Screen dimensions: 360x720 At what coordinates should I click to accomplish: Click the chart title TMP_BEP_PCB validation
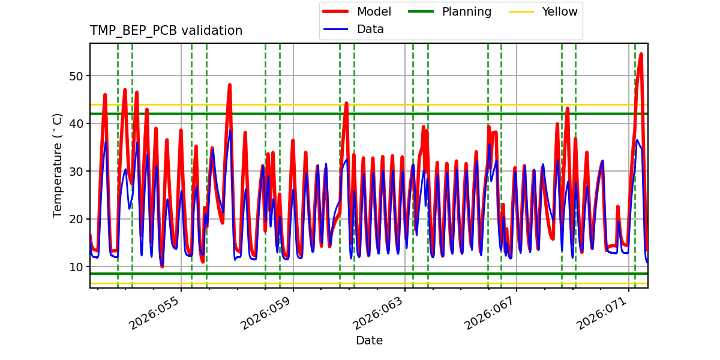(x=166, y=31)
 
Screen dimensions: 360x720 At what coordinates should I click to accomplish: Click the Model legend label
(x=374, y=12)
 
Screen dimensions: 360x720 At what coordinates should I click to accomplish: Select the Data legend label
(x=370, y=29)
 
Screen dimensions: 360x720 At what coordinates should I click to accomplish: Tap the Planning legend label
(x=466, y=12)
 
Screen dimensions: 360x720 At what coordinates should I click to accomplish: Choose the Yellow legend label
(x=559, y=12)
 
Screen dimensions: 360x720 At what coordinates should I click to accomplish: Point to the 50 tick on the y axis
(x=79, y=76)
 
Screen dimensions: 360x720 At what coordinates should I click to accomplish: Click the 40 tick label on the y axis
(x=79, y=124)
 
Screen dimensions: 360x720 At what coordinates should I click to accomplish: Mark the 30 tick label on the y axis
(x=79, y=172)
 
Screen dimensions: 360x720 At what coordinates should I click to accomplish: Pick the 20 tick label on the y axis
(x=79, y=219)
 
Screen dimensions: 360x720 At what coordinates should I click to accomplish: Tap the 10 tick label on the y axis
(x=79, y=267)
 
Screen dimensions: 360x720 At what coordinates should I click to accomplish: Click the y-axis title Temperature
(x=58, y=165)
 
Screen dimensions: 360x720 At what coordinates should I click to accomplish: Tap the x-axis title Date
(x=369, y=341)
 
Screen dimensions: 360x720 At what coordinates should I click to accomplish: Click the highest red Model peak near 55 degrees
(x=641, y=54)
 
